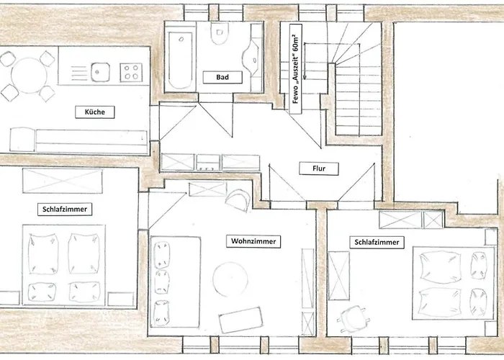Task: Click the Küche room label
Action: [x=95, y=112]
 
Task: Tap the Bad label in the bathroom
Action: [x=222, y=77]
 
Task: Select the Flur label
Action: [x=319, y=168]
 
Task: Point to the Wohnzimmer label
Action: [x=253, y=241]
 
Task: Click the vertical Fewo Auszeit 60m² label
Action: [x=296, y=69]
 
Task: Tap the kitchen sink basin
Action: [x=100, y=72]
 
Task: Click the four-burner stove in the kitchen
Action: [x=131, y=72]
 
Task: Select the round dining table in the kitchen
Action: [x=29, y=76]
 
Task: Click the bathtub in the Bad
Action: [x=180, y=60]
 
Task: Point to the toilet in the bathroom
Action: [x=220, y=33]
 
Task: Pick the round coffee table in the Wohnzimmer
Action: [x=230, y=279]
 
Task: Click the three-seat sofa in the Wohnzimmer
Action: [x=175, y=282]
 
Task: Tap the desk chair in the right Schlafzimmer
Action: [x=351, y=318]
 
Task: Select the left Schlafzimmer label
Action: [x=65, y=210]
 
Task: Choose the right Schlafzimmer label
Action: [x=377, y=242]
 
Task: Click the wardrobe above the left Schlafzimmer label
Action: [x=63, y=181]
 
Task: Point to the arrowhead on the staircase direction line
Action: [x=305, y=77]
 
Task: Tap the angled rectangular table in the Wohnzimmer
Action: [x=240, y=320]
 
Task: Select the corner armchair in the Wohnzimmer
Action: [x=238, y=201]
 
